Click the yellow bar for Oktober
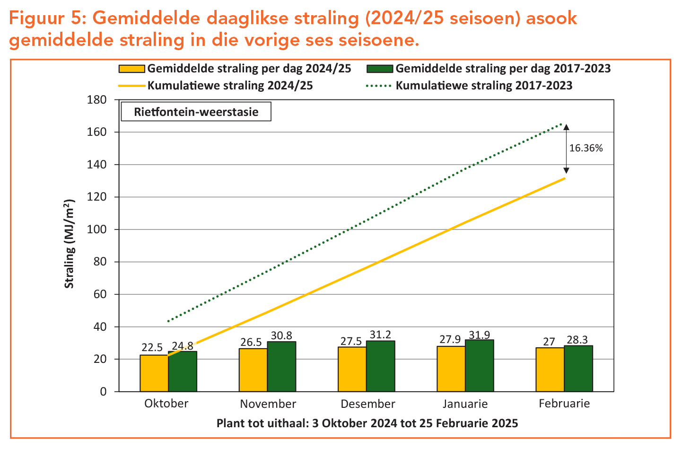point(154,373)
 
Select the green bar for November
point(282,367)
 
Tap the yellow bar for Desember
point(352,369)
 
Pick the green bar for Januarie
point(480,366)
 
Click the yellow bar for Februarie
point(550,370)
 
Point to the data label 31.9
point(480,335)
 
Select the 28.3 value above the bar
point(578,340)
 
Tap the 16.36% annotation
point(586,148)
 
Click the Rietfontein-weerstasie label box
point(196,112)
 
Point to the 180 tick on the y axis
point(96,100)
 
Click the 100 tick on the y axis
point(96,229)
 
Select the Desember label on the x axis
point(367,404)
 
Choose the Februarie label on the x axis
point(564,404)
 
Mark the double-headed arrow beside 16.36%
point(566,149)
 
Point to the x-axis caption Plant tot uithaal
point(367,423)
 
